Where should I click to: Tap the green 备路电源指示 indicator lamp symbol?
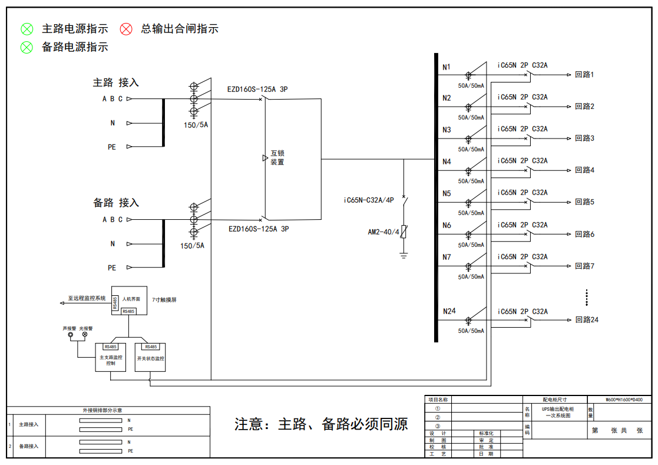(x=27, y=47)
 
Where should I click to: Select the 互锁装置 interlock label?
(x=277, y=157)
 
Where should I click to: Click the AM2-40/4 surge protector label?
(x=383, y=232)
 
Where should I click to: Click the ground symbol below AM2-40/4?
(x=404, y=255)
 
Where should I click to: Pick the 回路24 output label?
(x=587, y=319)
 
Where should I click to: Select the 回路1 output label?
(x=584, y=74)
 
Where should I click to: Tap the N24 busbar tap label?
(x=449, y=311)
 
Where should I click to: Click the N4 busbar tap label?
(x=447, y=161)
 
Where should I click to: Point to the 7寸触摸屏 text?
(x=164, y=300)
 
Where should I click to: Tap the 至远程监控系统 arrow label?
(x=86, y=299)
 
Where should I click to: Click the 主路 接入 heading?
(x=115, y=83)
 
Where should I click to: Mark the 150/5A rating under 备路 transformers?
(x=192, y=246)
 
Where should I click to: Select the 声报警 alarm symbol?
(x=70, y=335)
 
